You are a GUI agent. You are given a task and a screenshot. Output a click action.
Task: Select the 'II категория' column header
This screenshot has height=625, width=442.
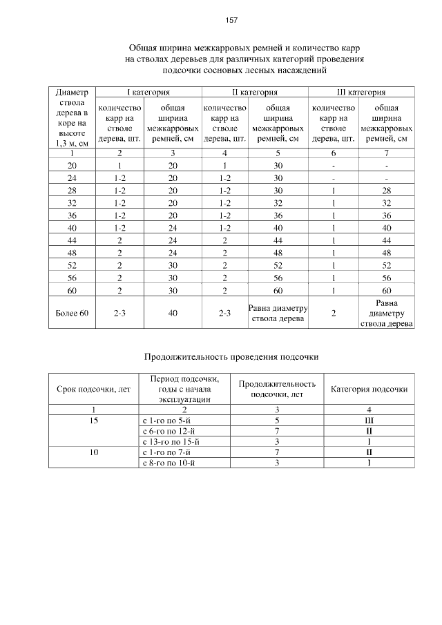tap(254, 92)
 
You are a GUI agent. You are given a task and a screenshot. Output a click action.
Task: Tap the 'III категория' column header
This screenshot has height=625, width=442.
tap(361, 92)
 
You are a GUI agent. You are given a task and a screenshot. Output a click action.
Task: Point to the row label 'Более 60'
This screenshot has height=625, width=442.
tap(72, 314)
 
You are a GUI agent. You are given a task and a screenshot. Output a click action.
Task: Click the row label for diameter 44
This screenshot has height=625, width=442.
tap(72, 240)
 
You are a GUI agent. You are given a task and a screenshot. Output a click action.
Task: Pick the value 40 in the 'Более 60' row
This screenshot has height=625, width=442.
tap(173, 314)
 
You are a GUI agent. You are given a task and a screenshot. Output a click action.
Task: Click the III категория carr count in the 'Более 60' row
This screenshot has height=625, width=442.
tap(334, 314)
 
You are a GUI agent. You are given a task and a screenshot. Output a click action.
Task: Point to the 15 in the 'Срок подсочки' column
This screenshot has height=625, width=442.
tap(93, 420)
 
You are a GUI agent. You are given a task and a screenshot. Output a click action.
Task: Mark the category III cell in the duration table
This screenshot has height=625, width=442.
tap(369, 420)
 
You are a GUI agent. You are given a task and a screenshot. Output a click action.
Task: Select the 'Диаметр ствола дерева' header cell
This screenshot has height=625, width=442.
tap(72, 117)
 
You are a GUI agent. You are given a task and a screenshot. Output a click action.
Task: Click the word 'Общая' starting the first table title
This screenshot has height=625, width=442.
tap(144, 48)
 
